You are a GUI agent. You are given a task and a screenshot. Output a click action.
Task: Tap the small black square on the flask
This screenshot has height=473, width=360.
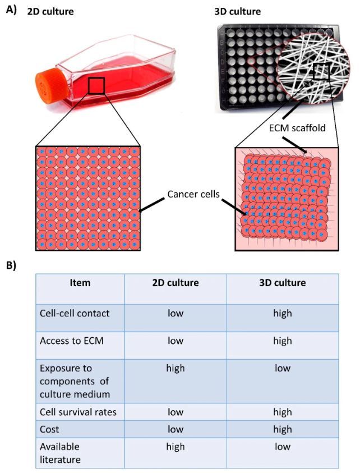pyautogui.click(x=96, y=86)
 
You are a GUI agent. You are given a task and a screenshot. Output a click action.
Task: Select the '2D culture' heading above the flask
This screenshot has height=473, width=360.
pyautogui.click(x=50, y=11)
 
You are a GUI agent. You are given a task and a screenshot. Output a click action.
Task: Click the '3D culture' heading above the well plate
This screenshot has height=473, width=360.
pyautogui.click(x=238, y=11)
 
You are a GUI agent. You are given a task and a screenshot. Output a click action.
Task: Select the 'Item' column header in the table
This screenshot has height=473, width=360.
pyautogui.click(x=80, y=283)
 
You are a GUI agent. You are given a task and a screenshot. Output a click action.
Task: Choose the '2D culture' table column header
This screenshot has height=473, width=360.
pyautogui.click(x=176, y=283)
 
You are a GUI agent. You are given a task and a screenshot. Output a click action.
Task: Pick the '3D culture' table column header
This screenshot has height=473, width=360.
pyautogui.click(x=283, y=283)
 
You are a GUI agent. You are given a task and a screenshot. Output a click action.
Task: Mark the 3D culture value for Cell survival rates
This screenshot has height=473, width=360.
pyautogui.click(x=283, y=411)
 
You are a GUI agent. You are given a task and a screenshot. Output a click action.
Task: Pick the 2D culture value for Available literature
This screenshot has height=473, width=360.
pyautogui.click(x=176, y=446)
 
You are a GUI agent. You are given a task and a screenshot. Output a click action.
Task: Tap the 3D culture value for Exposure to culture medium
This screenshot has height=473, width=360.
pyautogui.click(x=283, y=368)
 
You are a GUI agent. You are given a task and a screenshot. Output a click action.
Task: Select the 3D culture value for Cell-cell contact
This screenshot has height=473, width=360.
pyautogui.click(x=283, y=313)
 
